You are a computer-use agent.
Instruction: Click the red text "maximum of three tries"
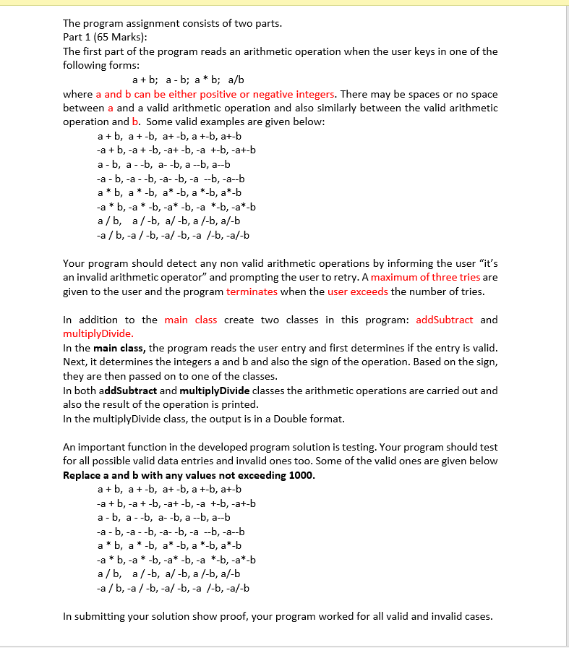coord(425,277)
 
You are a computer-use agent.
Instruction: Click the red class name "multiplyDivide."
coord(98,333)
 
